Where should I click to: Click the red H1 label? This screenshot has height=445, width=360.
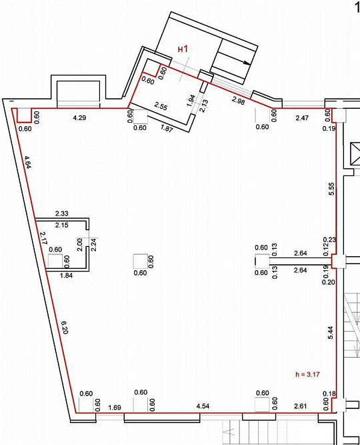[x=183, y=49]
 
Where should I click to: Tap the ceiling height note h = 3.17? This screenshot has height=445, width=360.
[x=307, y=374]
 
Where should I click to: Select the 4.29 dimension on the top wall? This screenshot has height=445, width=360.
[x=79, y=117]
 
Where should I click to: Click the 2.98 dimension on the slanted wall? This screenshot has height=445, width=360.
[x=238, y=101]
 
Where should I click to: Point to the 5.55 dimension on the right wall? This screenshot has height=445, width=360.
[x=331, y=189]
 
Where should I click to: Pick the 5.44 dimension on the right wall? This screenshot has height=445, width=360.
[x=331, y=333]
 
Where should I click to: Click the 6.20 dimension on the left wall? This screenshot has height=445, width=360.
[x=64, y=327]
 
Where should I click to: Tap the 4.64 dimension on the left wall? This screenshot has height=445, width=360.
[x=27, y=162]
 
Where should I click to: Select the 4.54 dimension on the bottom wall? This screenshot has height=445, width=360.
[x=203, y=406]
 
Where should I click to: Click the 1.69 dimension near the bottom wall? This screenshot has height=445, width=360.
[x=115, y=408]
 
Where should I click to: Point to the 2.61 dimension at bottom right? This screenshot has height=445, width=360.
[x=301, y=406]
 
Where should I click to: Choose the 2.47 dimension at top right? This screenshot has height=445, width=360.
[x=302, y=118]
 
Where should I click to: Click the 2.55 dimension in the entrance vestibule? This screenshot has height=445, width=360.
[x=161, y=106]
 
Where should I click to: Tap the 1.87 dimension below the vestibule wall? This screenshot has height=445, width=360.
[x=167, y=129]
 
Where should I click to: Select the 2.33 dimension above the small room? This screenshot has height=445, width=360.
[x=61, y=213]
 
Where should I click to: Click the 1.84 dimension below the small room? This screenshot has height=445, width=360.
[x=65, y=275]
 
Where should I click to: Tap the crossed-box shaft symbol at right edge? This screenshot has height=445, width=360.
[x=355, y=154]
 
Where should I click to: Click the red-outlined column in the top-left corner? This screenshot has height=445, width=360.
[x=24, y=115]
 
